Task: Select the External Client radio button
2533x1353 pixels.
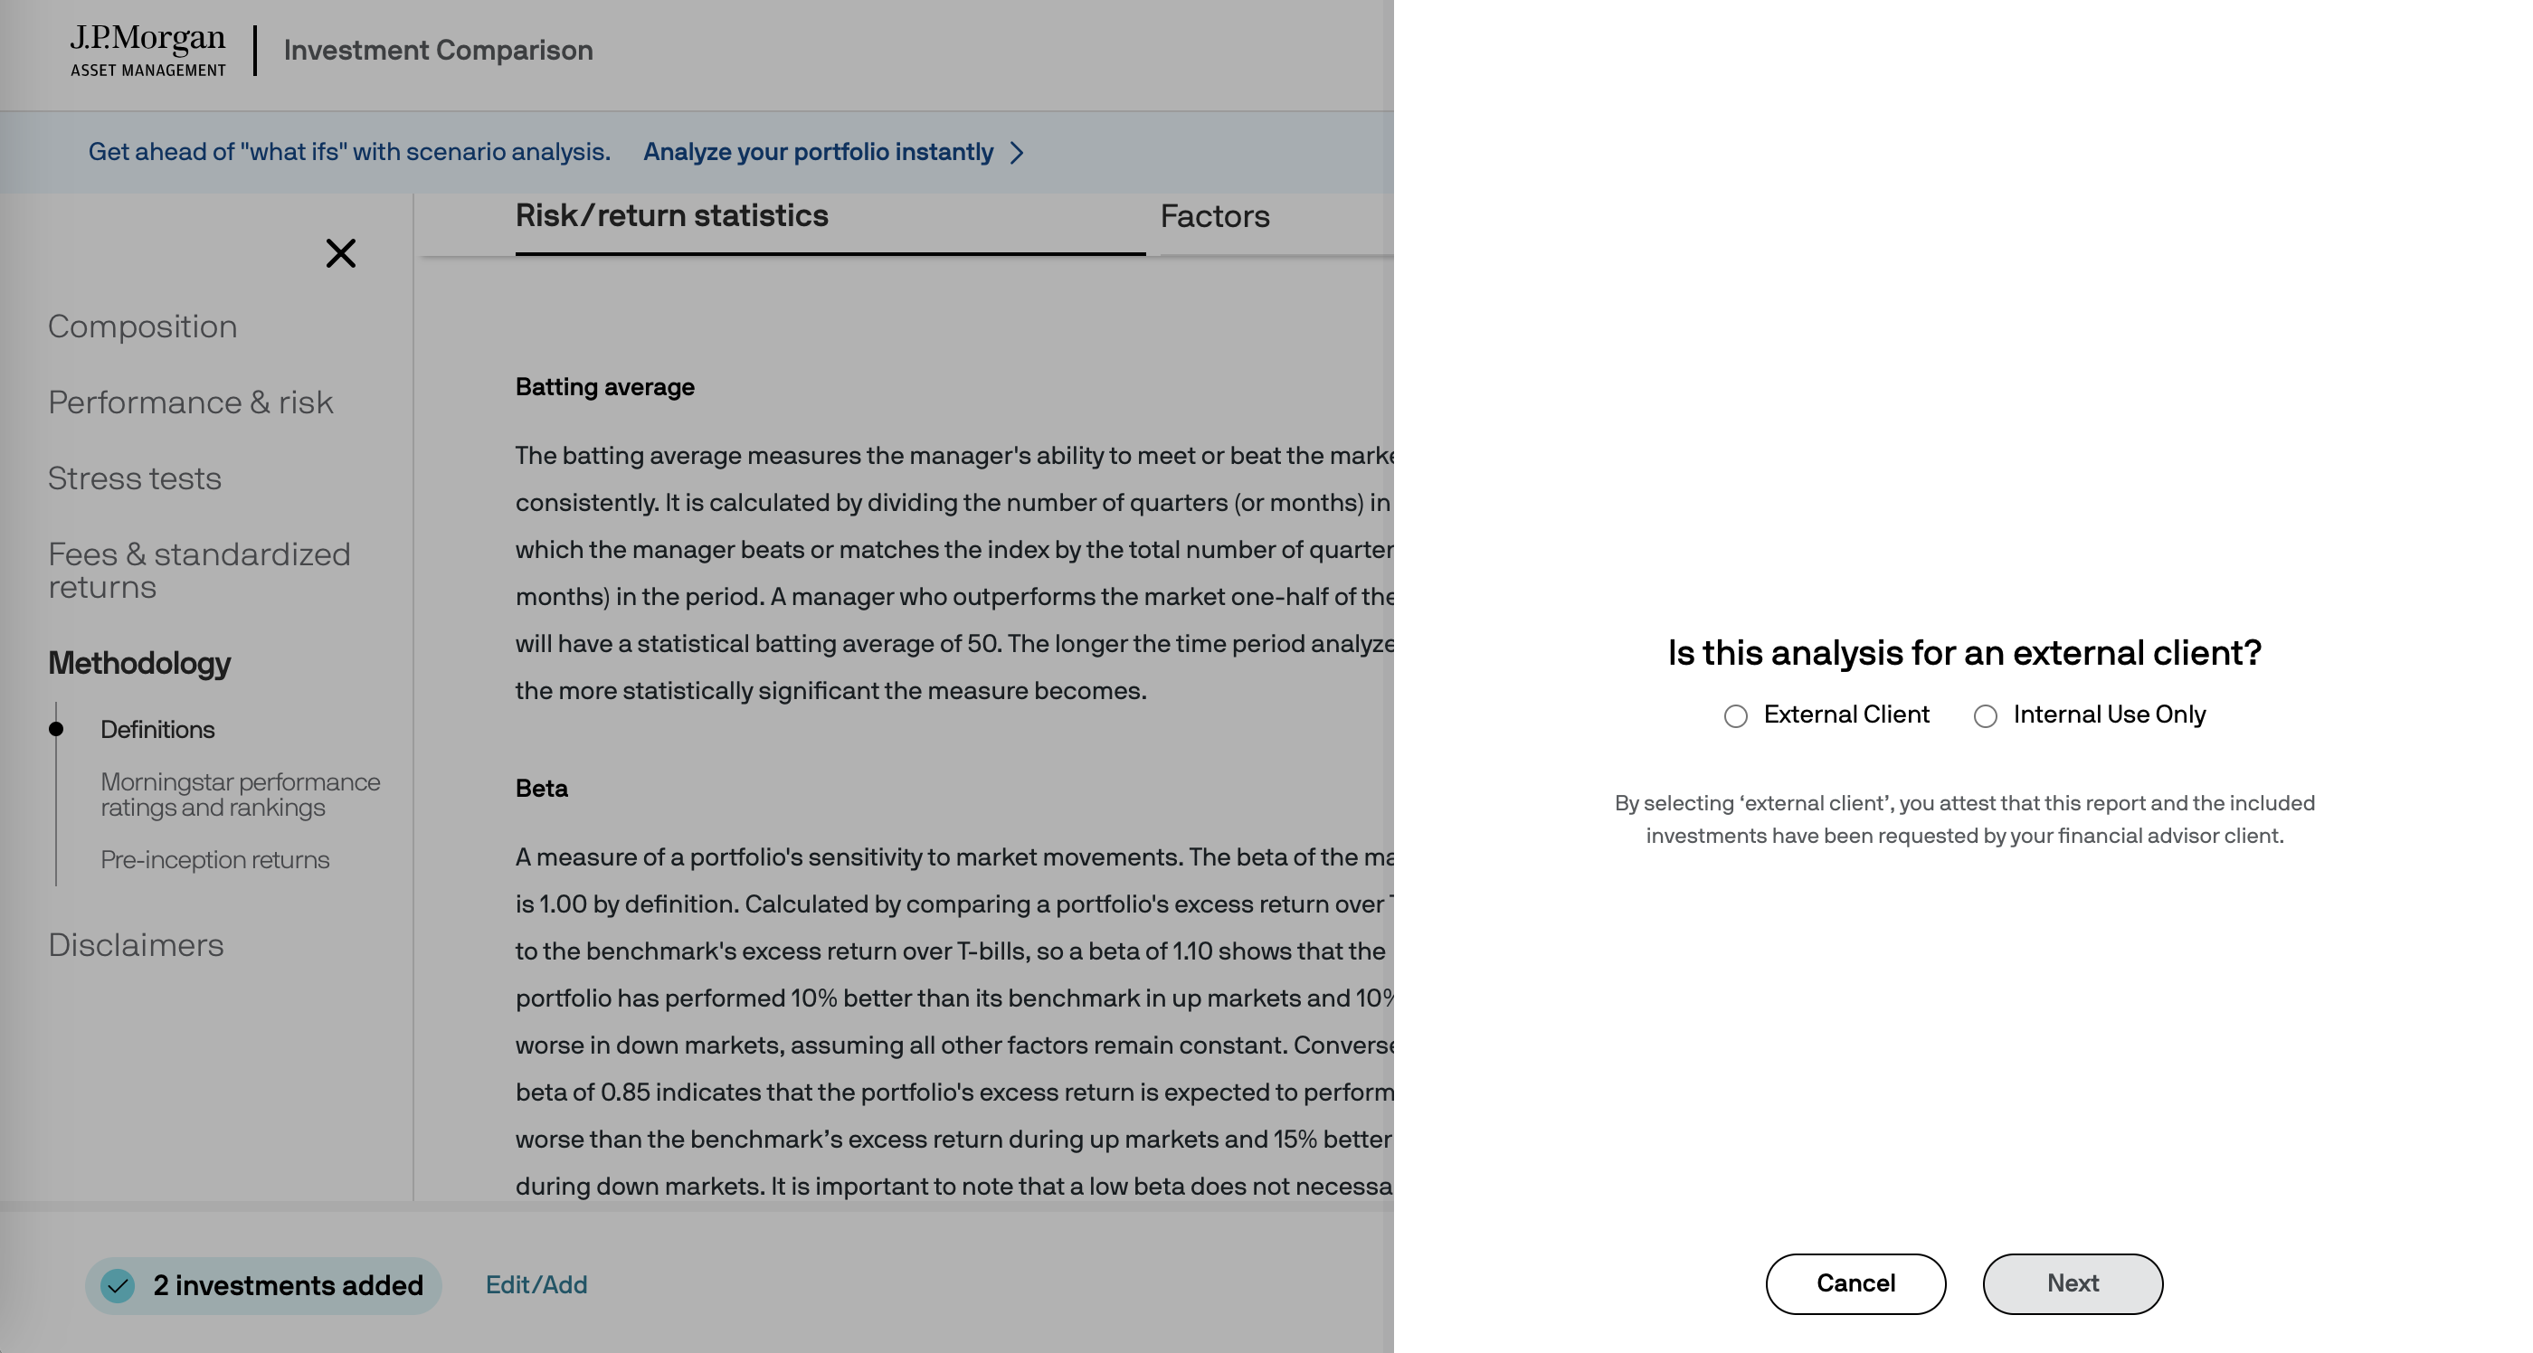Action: tap(1735, 715)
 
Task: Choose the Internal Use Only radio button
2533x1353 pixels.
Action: tap(1986, 715)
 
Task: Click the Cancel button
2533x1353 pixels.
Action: tap(1855, 1283)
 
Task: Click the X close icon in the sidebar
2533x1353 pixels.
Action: tap(340, 253)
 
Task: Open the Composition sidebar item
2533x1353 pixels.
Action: tap(143, 326)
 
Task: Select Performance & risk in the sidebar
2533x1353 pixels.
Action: tap(191, 402)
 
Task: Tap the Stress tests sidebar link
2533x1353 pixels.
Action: tap(135, 478)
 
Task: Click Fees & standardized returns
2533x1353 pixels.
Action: tap(199, 571)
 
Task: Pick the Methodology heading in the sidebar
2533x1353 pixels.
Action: tap(139, 663)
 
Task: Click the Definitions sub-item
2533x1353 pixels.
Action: tap(157, 730)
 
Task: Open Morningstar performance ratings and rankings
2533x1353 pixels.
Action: tap(240, 794)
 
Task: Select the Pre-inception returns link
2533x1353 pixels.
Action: tap(214, 859)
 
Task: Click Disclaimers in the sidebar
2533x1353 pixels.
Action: tap(136, 945)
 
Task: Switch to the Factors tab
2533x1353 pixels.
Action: tap(1214, 216)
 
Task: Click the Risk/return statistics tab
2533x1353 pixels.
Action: tap(671, 216)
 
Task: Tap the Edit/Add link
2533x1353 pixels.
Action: tap(536, 1284)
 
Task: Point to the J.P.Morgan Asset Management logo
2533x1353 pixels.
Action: tap(147, 50)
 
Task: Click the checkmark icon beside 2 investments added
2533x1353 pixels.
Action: tap(118, 1285)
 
